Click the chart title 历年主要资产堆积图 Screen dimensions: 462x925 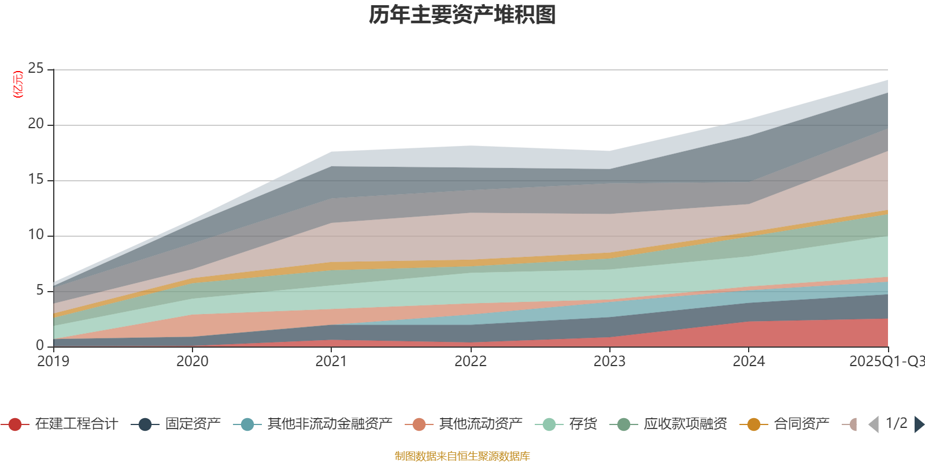tap(462, 15)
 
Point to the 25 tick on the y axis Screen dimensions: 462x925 tap(36, 69)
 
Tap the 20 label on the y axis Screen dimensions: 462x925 tap(36, 124)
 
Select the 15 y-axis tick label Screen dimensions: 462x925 tap(36, 180)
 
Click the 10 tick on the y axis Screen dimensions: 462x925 tap(36, 235)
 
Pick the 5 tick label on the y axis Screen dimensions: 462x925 tap(40, 290)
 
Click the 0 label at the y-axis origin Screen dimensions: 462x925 tap(40, 345)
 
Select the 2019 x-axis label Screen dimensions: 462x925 tap(53, 362)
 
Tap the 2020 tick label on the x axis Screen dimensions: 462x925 tap(193, 362)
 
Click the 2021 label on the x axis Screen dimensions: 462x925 tap(331, 362)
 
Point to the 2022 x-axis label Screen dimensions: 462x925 tap(471, 362)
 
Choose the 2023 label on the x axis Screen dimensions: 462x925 tap(609, 362)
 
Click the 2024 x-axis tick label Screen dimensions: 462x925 tap(749, 362)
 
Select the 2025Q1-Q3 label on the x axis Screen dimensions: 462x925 tap(886, 362)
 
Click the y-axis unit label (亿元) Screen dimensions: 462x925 tap(18, 84)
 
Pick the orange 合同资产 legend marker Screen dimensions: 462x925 tap(754, 424)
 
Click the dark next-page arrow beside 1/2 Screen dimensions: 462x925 tap(919, 424)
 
